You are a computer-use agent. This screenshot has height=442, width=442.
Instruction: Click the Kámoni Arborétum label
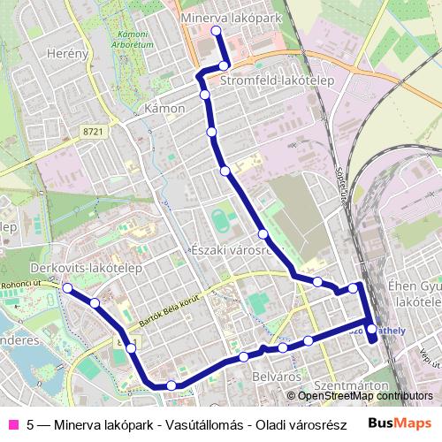click(133, 38)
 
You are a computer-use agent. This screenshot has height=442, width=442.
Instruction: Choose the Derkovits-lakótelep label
click(74, 266)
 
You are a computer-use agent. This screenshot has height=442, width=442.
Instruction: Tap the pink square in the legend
click(13, 424)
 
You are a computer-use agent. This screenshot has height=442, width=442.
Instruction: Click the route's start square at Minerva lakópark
click(216, 32)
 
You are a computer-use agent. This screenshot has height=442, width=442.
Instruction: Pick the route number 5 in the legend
click(31, 424)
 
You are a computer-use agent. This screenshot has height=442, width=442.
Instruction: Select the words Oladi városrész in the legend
click(301, 424)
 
